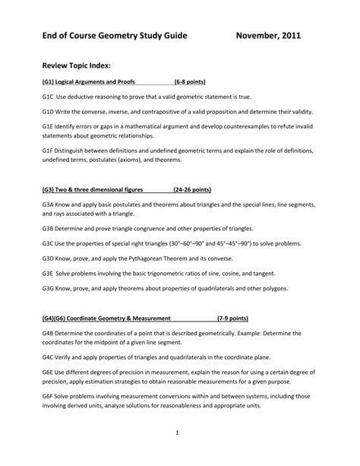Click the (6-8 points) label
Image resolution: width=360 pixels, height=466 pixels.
pos(190,81)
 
